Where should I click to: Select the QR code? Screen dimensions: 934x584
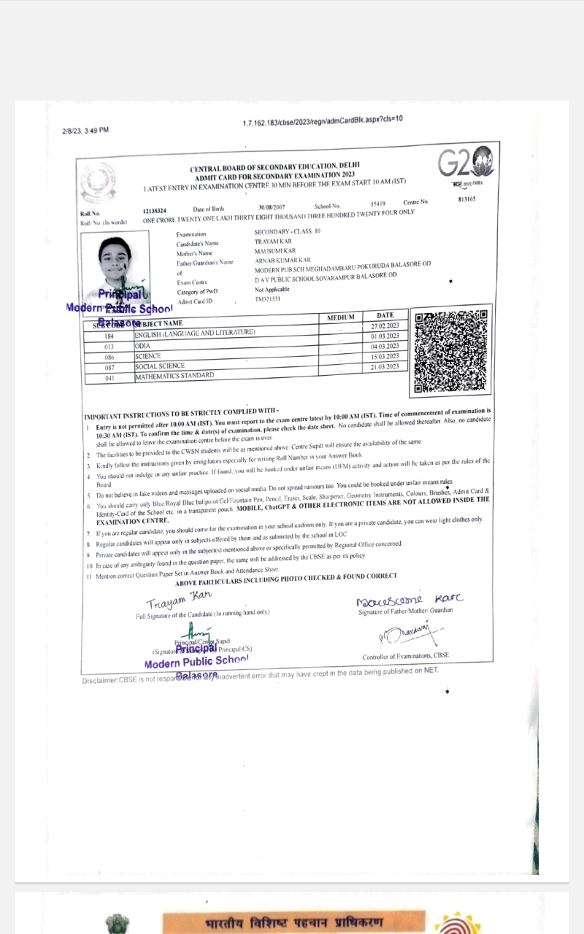pos(450,352)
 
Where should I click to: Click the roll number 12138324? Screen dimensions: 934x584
pos(154,211)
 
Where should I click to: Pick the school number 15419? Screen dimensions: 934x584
pos(377,204)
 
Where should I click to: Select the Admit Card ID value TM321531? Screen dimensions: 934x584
pos(268,299)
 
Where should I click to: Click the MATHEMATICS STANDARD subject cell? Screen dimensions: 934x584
pos(174,375)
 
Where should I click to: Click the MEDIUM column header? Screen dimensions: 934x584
pos(340,317)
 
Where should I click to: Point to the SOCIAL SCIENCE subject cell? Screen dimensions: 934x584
pos(160,366)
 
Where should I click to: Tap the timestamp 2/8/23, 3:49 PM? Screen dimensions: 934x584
pos(85,131)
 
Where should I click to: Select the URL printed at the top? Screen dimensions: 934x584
pos(322,120)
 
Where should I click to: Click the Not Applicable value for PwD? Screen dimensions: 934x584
pos(272,290)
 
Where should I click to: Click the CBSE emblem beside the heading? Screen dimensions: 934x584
pos(99,182)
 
